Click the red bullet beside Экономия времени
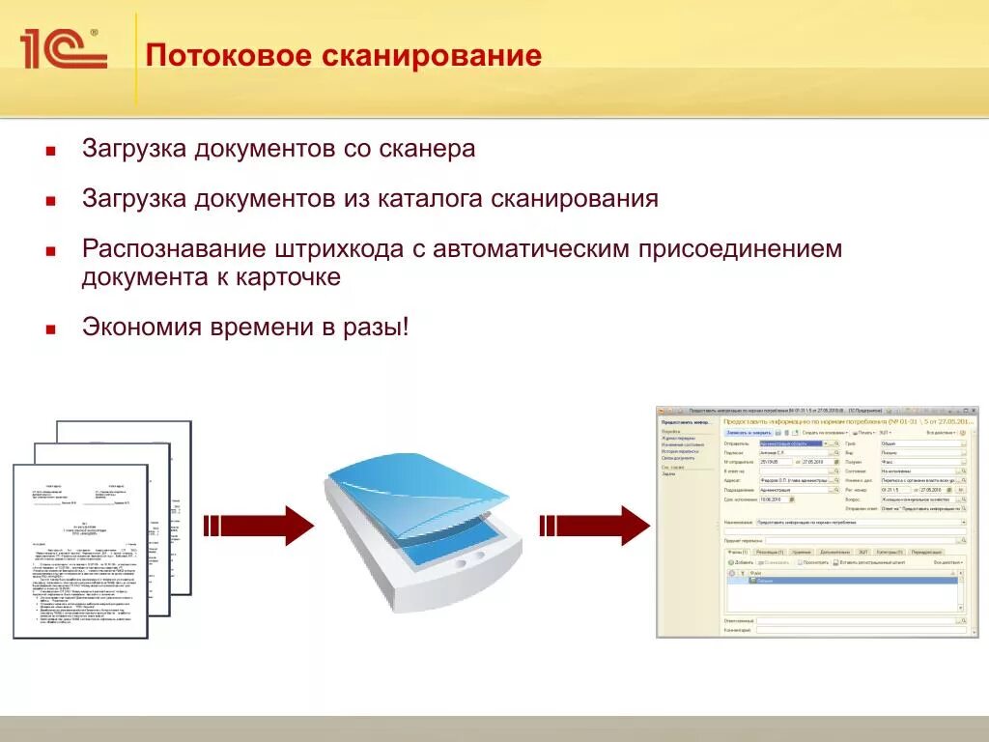click(x=50, y=328)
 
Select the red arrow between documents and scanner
click(x=259, y=525)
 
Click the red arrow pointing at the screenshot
click(x=593, y=525)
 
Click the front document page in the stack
click(x=80, y=551)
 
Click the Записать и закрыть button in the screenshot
click(x=748, y=432)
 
